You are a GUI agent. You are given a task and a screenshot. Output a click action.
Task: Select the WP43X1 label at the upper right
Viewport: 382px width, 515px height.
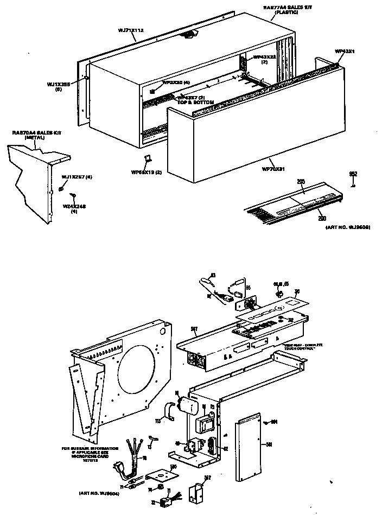(345, 51)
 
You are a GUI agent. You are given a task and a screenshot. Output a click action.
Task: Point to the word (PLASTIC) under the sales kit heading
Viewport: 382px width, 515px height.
(287, 12)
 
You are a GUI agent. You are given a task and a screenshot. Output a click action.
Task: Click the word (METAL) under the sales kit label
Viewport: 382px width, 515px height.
(34, 138)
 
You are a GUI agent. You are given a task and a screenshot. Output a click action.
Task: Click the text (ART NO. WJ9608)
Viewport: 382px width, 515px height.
(347, 228)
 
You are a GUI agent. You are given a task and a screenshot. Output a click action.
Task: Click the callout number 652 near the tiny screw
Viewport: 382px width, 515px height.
(353, 174)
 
